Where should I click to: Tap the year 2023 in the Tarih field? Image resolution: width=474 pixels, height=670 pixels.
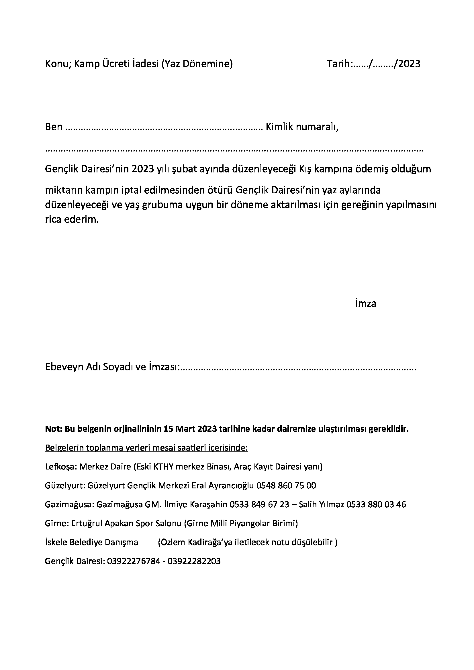pos(409,64)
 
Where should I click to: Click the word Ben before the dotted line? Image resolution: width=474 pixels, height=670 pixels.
pos(54,127)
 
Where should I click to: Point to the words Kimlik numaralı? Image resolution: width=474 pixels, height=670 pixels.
pos(302,127)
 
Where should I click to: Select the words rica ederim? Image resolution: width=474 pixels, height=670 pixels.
pos(72,219)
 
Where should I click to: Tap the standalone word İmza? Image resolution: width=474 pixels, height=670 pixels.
pos(365,303)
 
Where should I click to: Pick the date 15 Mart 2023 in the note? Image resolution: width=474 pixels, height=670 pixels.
pos(190,429)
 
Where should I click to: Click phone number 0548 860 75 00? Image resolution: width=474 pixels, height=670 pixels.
pos(286,486)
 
